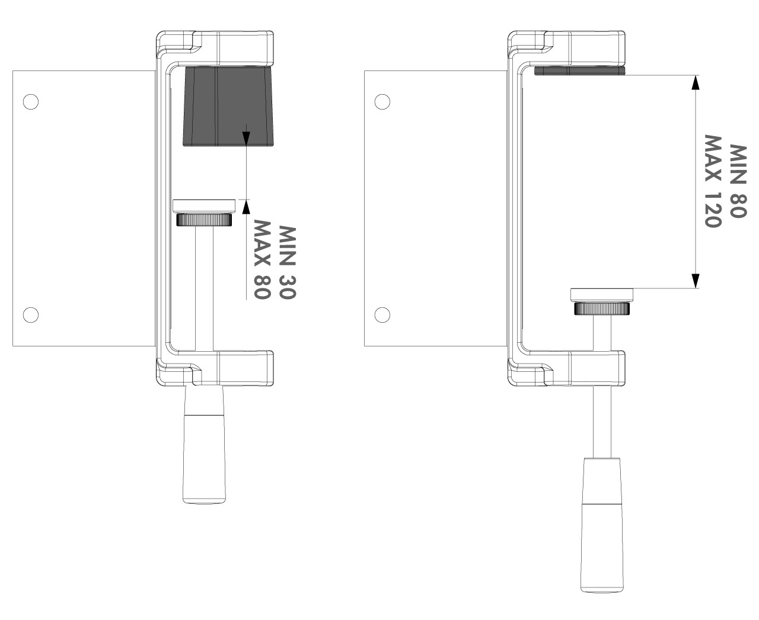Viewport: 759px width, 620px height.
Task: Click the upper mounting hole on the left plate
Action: click(31, 102)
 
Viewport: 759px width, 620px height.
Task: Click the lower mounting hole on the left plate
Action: click(31, 315)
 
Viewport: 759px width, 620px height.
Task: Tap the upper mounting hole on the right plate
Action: click(382, 102)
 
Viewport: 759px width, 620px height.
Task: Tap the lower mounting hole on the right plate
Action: click(382, 315)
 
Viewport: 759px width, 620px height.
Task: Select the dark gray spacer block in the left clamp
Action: click(228, 106)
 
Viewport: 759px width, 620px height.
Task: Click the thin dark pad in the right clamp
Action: click(580, 70)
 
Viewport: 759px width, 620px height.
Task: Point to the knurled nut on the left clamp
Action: click(204, 220)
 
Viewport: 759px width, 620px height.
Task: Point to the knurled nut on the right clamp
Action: click(602, 309)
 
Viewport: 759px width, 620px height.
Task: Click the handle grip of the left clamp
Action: click(204, 445)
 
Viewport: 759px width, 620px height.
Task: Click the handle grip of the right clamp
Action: click(602, 525)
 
